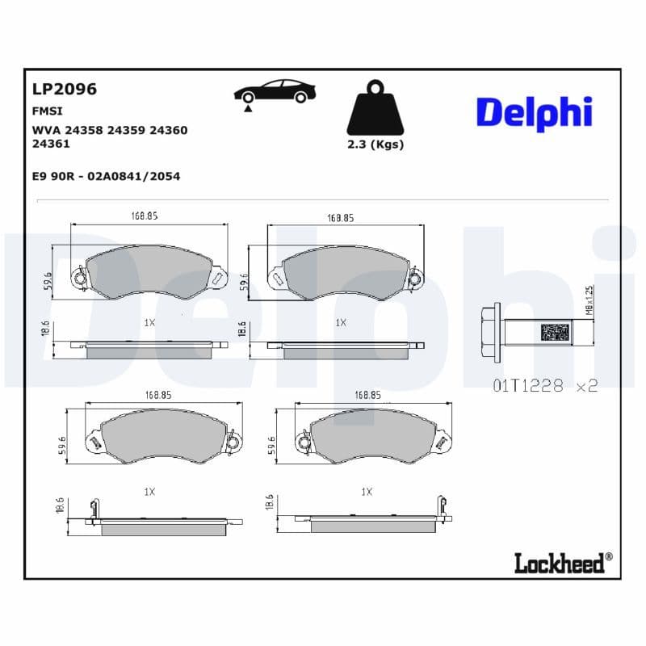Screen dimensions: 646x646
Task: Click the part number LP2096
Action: [x=64, y=90]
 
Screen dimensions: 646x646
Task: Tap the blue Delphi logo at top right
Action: [x=534, y=114]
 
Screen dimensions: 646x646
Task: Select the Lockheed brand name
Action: [x=559, y=563]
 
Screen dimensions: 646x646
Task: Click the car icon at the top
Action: [x=275, y=92]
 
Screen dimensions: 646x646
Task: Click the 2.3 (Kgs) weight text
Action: [x=375, y=145]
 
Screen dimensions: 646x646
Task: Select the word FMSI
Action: [x=47, y=111]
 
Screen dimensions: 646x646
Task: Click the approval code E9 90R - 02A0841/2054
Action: [x=105, y=176]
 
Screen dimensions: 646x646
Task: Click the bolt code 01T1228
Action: [x=526, y=386]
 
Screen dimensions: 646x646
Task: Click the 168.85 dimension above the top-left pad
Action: [x=145, y=216]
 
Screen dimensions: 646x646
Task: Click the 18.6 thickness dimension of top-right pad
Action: [x=241, y=329]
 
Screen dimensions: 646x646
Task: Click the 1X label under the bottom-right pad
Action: [x=366, y=491]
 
